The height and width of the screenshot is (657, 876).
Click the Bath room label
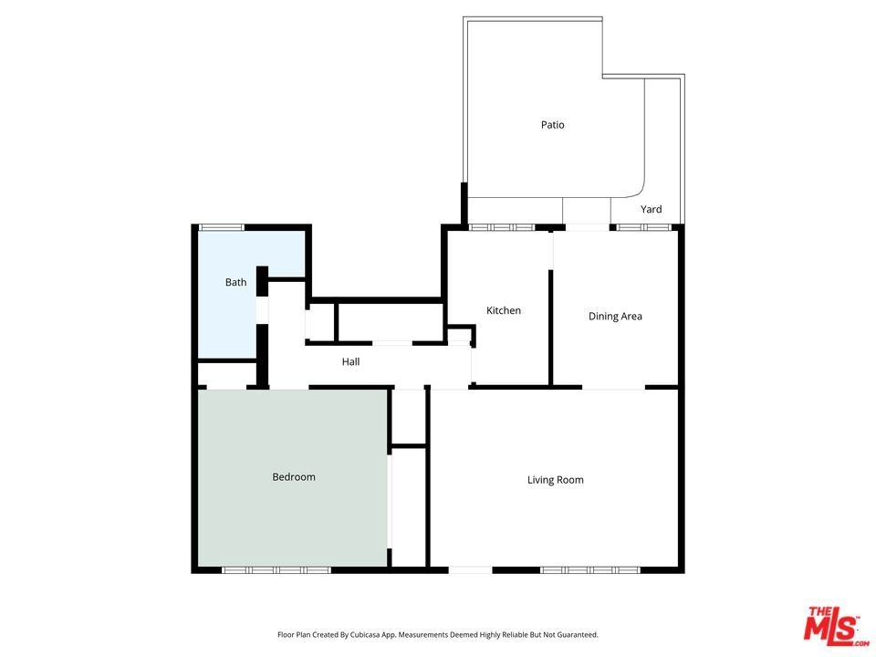point(235,282)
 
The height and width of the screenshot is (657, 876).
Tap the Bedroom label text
point(294,476)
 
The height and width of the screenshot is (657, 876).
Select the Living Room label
point(556,480)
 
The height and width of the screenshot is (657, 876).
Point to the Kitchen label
point(504,310)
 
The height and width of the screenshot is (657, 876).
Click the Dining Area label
point(615,317)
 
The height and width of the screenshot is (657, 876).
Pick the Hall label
point(350,361)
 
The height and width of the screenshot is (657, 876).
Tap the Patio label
point(553,125)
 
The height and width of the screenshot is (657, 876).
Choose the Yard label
point(652,209)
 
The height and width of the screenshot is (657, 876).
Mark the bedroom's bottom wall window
point(276,570)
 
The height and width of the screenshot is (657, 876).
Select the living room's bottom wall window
point(590,570)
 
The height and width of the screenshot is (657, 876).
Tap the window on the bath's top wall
point(222,227)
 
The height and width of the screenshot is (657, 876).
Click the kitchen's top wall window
point(502,227)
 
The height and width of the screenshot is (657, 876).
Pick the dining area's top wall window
point(643,227)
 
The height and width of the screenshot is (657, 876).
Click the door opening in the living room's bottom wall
point(471,570)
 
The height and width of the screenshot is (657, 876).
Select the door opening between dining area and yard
point(587,227)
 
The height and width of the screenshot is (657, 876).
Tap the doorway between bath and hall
point(262,310)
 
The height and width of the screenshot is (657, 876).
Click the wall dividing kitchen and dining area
point(551,328)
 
